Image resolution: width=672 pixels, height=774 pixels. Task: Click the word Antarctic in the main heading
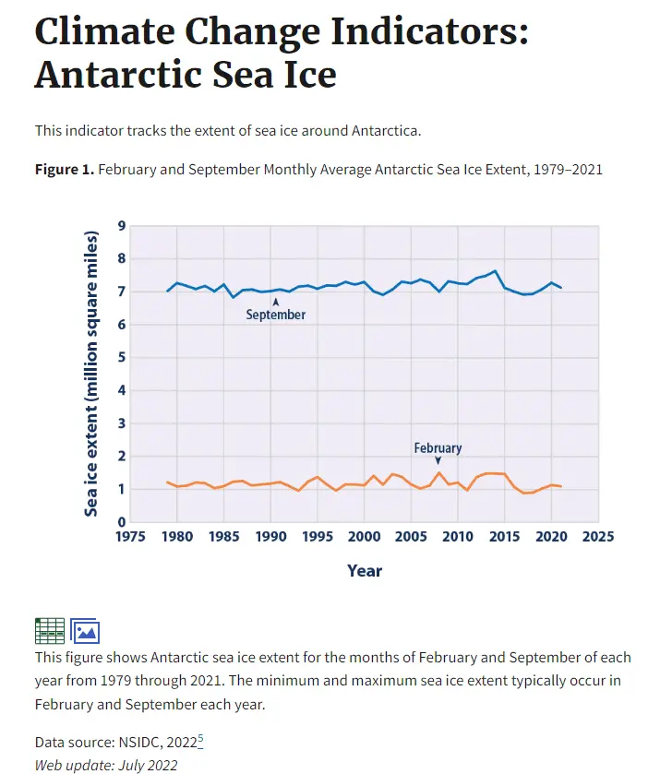click(x=116, y=74)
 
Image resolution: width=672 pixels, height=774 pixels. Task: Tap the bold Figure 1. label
click(x=64, y=170)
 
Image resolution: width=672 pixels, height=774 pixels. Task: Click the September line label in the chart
click(x=275, y=315)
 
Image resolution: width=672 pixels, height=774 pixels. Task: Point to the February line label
click(x=438, y=448)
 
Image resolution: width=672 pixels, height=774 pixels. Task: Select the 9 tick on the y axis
click(x=122, y=226)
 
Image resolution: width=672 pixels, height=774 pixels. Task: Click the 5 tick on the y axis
click(x=122, y=357)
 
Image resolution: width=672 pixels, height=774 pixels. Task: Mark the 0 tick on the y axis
click(x=122, y=522)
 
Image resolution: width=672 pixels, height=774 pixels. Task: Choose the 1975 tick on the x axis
click(x=131, y=537)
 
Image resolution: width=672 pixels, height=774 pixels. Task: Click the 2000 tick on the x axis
click(x=365, y=537)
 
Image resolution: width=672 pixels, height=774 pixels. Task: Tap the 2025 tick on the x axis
click(x=598, y=537)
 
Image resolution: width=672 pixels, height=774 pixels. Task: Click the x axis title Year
click(x=365, y=571)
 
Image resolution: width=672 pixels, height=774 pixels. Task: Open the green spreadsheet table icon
click(x=50, y=630)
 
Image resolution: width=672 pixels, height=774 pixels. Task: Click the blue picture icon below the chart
click(x=85, y=631)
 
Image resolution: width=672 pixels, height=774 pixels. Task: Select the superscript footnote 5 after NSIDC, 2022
click(x=200, y=739)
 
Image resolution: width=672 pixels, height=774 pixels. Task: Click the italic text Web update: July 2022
click(x=106, y=765)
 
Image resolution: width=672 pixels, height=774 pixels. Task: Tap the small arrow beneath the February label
click(x=438, y=460)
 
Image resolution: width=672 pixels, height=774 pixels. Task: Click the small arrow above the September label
click(x=275, y=302)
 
